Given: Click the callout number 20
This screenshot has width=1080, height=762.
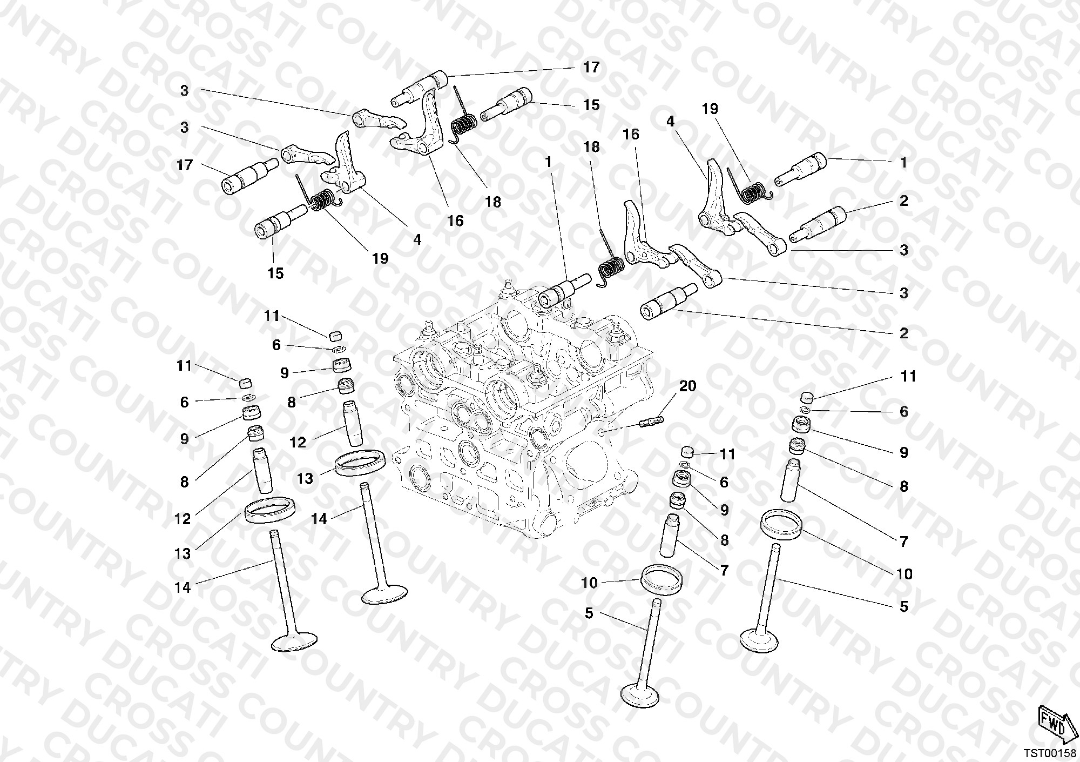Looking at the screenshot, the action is click(x=687, y=386).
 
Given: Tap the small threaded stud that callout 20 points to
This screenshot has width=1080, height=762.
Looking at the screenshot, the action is click(x=652, y=420).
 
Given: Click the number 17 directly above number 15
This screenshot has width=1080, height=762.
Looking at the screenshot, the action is click(x=591, y=67).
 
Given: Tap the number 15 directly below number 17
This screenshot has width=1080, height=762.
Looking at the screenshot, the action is click(x=591, y=105).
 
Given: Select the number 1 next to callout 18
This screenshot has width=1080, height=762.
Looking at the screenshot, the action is click(x=549, y=162).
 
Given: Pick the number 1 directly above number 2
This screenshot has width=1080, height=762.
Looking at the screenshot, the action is click(x=903, y=162).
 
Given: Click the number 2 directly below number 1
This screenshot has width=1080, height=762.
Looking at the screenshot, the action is click(x=903, y=201).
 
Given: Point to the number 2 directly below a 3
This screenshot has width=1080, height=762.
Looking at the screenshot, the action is click(x=903, y=333).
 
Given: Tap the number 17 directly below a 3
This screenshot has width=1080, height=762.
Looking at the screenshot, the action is click(x=185, y=164).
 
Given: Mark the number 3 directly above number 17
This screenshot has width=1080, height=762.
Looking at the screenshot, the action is click(x=185, y=128).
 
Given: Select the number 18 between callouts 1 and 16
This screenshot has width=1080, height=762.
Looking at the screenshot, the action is click(x=592, y=147).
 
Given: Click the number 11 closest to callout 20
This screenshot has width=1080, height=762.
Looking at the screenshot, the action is click(x=727, y=454).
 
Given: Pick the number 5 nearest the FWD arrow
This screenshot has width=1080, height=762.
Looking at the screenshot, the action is click(x=904, y=606).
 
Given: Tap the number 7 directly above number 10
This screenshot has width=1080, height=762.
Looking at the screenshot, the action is click(x=903, y=541).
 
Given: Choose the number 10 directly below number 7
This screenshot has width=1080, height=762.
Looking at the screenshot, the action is click(x=904, y=574).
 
